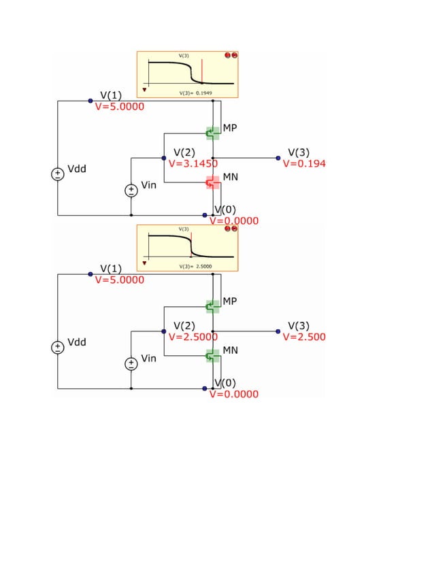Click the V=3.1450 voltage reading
(193, 164)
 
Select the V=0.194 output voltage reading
(304, 164)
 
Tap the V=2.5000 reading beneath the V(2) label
(193, 337)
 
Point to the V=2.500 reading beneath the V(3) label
(304, 337)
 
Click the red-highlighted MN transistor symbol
(213, 182)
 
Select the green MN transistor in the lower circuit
(213, 356)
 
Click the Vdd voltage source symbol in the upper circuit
(58, 175)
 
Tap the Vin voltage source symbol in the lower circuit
(131, 364)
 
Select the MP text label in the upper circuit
(230, 128)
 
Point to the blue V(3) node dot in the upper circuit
(278, 158)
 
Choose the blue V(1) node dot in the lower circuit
(90, 274)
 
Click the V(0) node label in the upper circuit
(225, 210)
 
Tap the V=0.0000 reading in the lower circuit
(233, 395)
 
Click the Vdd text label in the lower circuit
(76, 342)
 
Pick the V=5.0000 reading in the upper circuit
(119, 107)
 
